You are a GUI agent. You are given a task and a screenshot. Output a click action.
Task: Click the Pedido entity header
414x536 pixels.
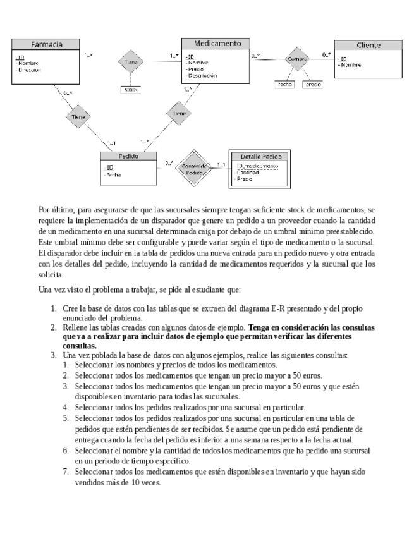pos(129,155)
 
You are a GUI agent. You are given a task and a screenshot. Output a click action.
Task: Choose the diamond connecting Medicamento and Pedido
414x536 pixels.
pos(179,113)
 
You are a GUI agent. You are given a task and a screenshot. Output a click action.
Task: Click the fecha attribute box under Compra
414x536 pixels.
pos(284,84)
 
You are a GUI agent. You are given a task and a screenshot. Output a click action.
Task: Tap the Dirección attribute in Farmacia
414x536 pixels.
pos(32,70)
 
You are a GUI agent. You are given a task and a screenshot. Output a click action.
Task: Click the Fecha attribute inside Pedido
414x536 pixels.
pos(114,174)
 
